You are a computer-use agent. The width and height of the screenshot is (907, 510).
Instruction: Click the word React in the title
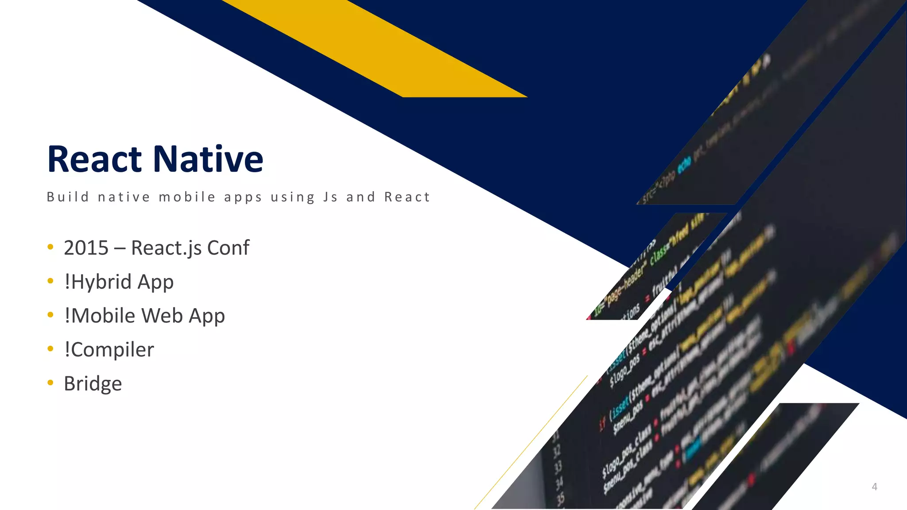click(94, 159)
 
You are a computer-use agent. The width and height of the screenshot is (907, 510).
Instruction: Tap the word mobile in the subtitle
click(187, 197)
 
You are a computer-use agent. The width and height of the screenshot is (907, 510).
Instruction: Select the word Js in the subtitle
click(330, 197)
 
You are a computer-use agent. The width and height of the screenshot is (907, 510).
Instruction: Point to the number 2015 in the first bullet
click(86, 248)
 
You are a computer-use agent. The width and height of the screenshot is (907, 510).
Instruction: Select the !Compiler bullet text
click(109, 350)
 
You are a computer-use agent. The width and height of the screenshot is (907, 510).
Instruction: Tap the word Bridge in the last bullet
click(93, 384)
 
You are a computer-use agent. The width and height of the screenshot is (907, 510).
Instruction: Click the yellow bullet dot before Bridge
click(50, 382)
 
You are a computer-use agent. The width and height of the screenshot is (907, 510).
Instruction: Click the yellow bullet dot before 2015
click(50, 247)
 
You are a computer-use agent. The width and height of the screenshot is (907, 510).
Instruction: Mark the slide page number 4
click(874, 487)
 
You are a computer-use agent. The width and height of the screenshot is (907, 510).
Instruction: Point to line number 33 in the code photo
click(558, 466)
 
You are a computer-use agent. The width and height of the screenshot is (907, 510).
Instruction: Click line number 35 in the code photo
click(561, 498)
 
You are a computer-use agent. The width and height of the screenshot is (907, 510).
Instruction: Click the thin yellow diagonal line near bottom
click(531, 443)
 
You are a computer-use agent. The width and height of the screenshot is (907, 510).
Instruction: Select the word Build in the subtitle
click(68, 197)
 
